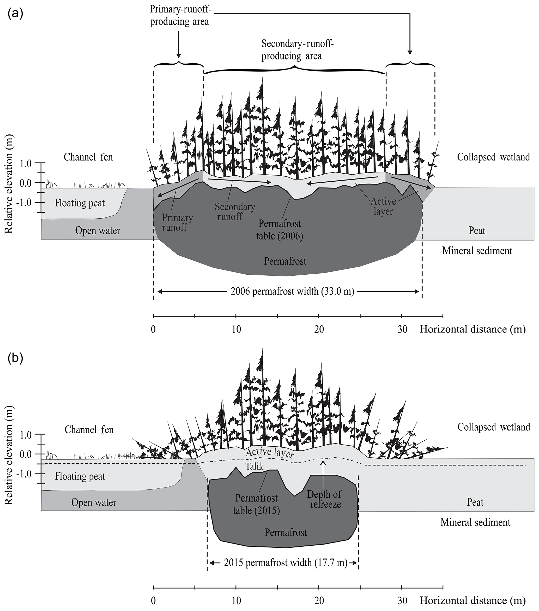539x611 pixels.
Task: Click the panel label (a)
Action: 16,14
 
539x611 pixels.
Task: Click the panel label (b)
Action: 16,359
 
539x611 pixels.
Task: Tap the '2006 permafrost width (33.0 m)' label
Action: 292,291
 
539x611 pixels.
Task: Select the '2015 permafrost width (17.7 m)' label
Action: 285,563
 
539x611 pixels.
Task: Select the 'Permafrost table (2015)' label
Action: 256,504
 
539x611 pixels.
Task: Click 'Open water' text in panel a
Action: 98,231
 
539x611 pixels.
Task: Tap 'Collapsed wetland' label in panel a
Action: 493,157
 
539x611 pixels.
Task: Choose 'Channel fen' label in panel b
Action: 89,430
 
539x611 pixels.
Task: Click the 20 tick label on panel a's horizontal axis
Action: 319,329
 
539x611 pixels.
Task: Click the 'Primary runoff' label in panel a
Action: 177,223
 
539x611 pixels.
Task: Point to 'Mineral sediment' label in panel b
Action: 475,522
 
